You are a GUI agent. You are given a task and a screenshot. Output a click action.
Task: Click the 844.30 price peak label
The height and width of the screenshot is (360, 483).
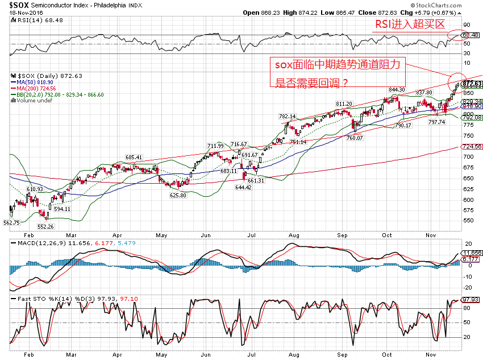click(396, 90)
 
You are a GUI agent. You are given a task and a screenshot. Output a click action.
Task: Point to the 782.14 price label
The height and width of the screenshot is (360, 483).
click(287, 116)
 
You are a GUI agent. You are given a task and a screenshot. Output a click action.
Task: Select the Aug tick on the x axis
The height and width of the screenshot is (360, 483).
click(293, 233)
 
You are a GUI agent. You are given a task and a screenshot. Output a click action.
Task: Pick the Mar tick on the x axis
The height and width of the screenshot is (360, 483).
click(71, 233)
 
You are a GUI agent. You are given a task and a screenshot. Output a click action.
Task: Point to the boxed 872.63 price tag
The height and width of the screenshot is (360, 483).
click(472, 84)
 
